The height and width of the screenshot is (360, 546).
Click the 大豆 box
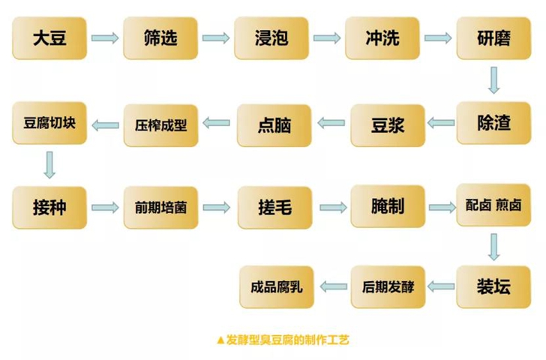coord(49,38)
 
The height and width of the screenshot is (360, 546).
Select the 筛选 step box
coord(160,38)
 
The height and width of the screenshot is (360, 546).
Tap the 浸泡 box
coord(271,38)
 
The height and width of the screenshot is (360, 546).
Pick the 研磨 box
coord(493,38)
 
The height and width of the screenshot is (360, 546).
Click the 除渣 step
coord(493,123)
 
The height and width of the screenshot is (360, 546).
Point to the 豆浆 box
coord(388,125)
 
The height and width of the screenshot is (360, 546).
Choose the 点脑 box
coord(274,125)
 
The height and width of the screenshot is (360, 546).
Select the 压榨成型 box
coord(160,125)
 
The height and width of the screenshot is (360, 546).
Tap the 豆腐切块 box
coord(49,123)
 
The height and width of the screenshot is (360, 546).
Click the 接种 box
coord(49,208)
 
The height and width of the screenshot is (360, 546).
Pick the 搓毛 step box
coord(274,208)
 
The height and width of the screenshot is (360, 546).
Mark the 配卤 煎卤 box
coord(493,205)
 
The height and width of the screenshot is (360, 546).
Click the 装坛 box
coord(493,287)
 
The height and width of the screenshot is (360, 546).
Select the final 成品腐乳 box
coord(277,287)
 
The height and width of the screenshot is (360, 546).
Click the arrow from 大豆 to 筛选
coord(105,37)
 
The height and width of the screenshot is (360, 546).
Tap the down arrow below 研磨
coord(493,80)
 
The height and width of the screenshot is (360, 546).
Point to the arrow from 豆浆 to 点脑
coord(331,122)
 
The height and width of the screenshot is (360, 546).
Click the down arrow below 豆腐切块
coord(49,165)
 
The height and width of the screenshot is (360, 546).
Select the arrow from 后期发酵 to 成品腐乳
coord(333,286)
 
